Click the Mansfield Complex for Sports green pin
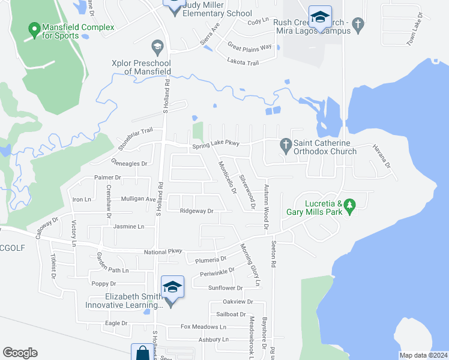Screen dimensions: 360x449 tap(34, 28)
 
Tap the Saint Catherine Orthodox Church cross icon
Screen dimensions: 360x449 tap(285, 145)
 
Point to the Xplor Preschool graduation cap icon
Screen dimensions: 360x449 tap(157, 47)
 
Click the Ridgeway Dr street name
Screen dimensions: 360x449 tap(197, 211)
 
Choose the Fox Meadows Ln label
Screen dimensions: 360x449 tap(204, 327)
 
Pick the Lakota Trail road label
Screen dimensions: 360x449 tap(242, 61)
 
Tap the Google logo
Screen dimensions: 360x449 tap(20, 352)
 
